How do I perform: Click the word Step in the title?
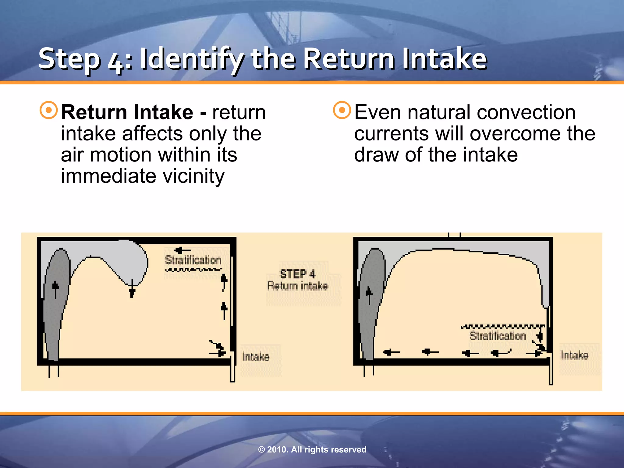[x=69, y=59]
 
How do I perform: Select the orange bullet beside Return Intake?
[x=49, y=110]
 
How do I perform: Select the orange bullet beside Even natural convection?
[x=342, y=110]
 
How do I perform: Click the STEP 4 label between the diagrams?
[x=297, y=274]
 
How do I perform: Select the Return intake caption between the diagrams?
[x=297, y=286]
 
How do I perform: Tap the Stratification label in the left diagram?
[x=193, y=260]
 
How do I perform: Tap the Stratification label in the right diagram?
[x=498, y=336]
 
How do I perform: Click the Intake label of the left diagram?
[x=256, y=357]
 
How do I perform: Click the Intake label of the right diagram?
[x=574, y=355]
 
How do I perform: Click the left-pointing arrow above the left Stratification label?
[x=182, y=250]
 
